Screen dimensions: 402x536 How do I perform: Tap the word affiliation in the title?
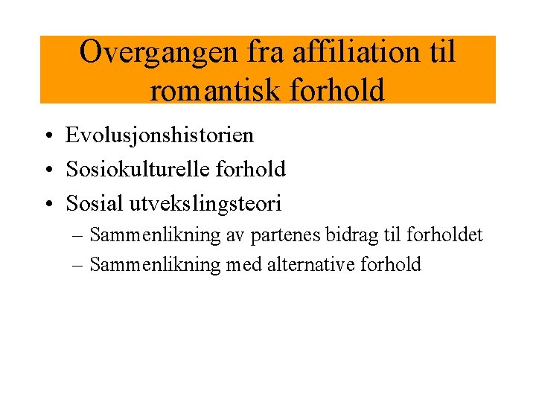click(x=355, y=53)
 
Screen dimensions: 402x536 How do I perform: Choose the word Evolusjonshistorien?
click(x=159, y=135)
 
